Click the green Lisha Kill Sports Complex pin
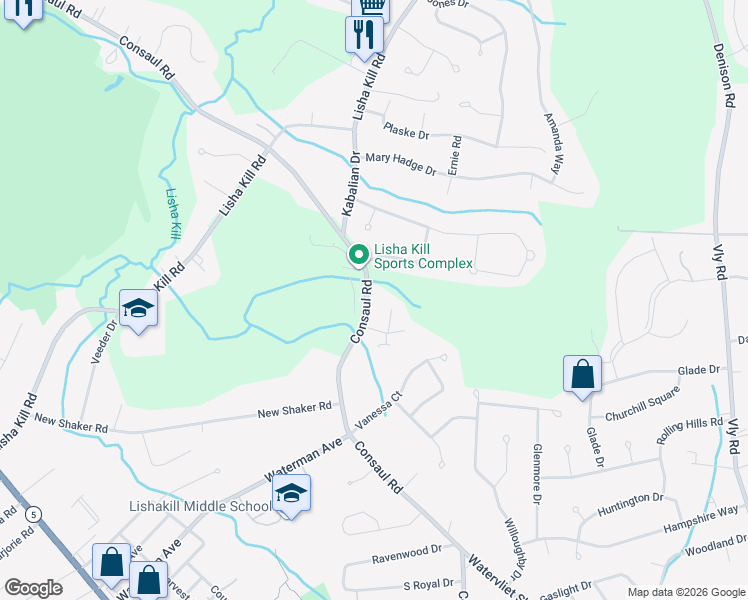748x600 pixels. (x=357, y=256)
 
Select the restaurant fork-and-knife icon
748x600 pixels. (x=362, y=36)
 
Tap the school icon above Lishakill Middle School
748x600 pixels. (x=291, y=494)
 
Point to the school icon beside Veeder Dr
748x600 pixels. (x=138, y=309)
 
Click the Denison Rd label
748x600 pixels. (x=723, y=77)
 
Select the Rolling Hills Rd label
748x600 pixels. (x=689, y=430)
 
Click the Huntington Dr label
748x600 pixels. (x=630, y=503)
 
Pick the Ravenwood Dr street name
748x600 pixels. (x=406, y=551)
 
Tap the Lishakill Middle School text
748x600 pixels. (x=200, y=507)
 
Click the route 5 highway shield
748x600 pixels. (x=33, y=514)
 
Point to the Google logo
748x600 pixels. (x=33, y=588)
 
